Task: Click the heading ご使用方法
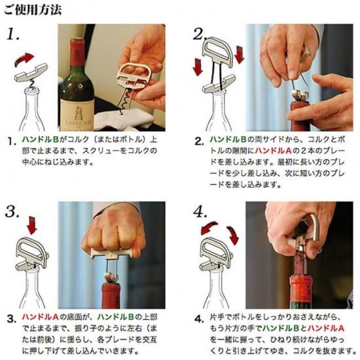point(33,10)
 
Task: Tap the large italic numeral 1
point(13,34)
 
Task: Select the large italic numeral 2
point(200,34)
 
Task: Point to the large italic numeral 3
point(12,211)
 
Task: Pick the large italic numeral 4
point(200,211)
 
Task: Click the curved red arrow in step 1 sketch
point(24,59)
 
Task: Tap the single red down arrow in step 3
point(31,225)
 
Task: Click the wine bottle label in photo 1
point(77,115)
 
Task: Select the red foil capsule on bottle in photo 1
point(77,52)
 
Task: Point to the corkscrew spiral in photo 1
point(124,101)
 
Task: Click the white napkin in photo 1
point(124,120)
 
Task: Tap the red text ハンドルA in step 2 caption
point(273,151)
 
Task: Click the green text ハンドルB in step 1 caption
point(41,139)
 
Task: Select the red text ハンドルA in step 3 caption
point(41,317)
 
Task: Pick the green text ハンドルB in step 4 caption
point(281,329)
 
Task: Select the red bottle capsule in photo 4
point(301,290)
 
